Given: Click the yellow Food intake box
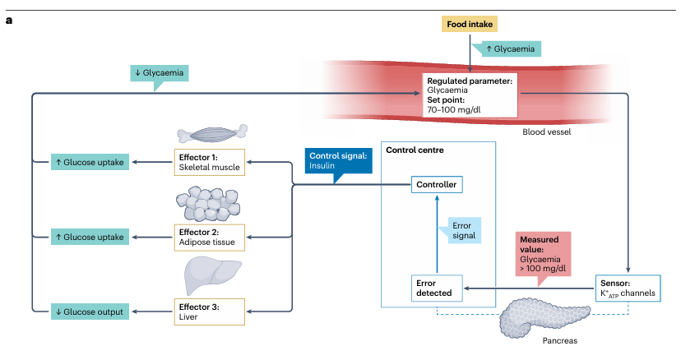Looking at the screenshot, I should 470,25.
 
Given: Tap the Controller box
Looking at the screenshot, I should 435,185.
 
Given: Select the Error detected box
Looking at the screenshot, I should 435,287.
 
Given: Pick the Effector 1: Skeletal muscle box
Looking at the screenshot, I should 208,162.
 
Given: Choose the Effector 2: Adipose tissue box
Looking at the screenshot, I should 208,237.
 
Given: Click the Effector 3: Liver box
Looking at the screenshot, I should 208,311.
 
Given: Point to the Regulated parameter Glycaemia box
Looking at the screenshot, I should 470,94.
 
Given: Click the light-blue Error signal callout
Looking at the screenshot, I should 461,230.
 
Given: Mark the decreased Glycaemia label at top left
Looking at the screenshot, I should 160,72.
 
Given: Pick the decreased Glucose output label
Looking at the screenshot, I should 88,312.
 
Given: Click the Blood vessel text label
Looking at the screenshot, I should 545,132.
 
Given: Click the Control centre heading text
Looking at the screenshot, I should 415,150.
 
